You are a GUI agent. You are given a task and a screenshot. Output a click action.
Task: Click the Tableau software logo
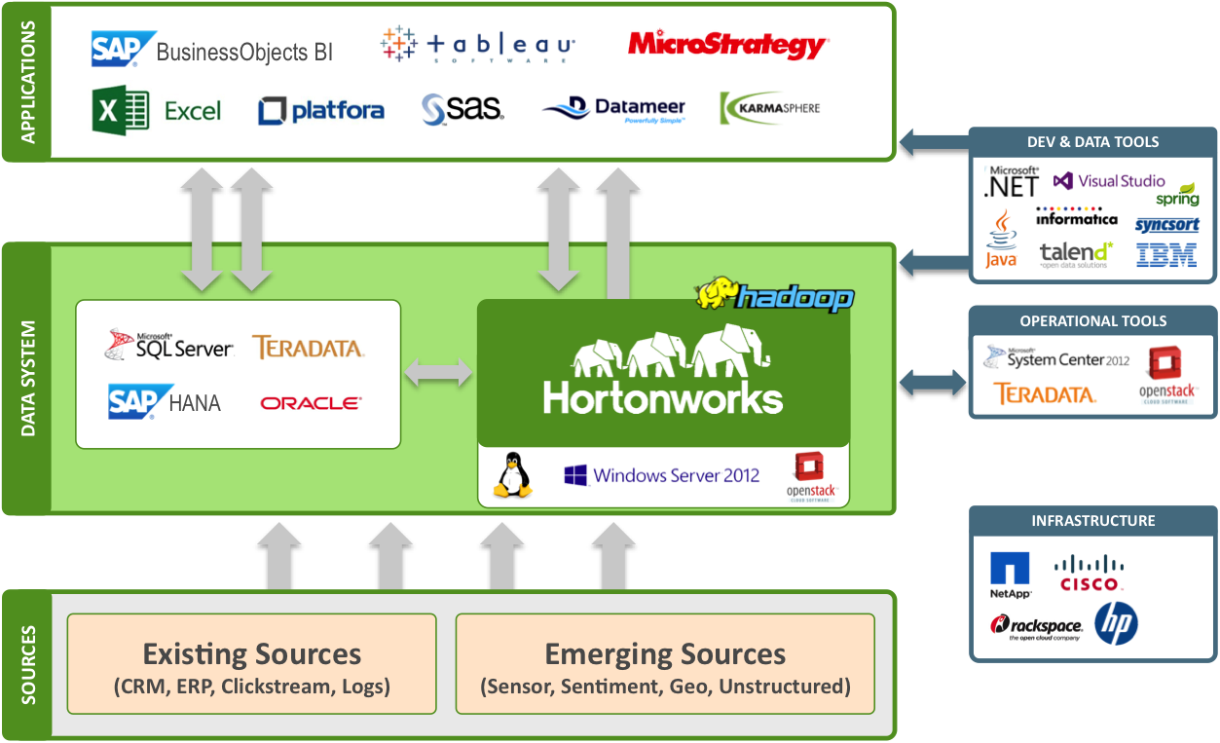pos(478,45)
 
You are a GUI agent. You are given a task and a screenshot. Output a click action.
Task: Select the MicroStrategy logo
pos(728,45)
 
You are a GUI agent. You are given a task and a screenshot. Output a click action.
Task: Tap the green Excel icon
pos(120,110)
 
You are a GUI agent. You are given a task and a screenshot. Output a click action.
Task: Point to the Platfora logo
pos(321,110)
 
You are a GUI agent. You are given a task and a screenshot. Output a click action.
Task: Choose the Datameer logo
pos(614,109)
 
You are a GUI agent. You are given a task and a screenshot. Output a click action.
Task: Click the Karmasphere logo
pos(770,108)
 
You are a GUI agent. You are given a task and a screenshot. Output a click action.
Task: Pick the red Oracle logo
pos(311,402)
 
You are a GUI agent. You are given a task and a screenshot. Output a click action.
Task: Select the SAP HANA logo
pos(164,401)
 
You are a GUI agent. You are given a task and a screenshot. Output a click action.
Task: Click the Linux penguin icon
pos(513,475)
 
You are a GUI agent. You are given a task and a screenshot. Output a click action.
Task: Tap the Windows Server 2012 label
pos(662,476)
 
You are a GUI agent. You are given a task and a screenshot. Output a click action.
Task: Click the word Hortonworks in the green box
pos(663,397)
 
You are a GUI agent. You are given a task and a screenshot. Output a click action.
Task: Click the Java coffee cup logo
pos(1001,240)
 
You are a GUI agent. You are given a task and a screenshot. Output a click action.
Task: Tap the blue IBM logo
pos(1166,255)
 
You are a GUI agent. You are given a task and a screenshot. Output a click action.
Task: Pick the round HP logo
pos(1116,624)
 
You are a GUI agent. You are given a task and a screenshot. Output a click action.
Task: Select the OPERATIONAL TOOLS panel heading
pos(1092,320)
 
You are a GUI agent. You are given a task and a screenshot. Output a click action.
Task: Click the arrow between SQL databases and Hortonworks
pos(438,372)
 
